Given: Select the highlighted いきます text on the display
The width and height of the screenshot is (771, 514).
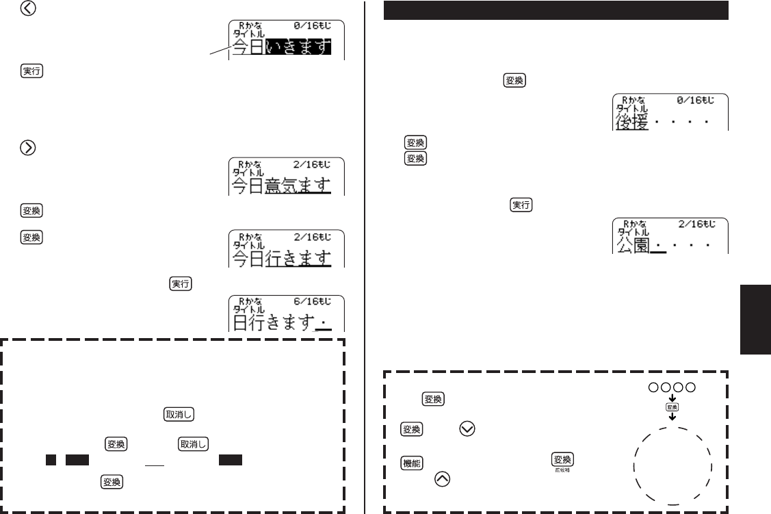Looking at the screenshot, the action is (298, 47).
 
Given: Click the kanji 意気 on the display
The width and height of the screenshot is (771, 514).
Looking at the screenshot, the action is (281, 184).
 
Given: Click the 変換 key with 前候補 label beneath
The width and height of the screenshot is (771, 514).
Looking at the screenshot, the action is (562, 460).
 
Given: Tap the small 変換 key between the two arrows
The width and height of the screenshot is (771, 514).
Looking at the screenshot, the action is (672, 407).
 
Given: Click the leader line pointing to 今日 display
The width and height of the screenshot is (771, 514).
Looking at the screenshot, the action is (218, 52).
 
